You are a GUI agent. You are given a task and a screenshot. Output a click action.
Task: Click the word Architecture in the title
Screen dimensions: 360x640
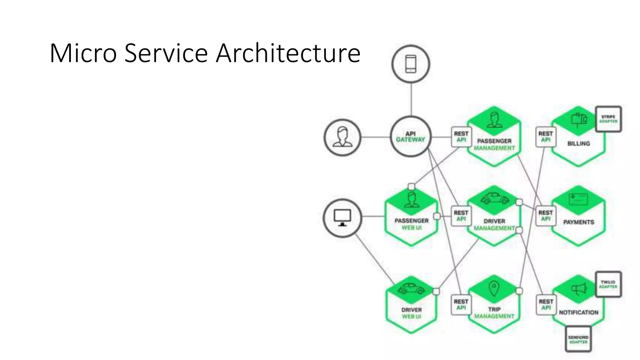[x=288, y=53]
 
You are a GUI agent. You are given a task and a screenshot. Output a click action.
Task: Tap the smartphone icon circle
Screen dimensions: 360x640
[x=411, y=64]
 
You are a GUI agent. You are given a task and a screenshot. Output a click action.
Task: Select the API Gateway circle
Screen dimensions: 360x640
[x=411, y=137]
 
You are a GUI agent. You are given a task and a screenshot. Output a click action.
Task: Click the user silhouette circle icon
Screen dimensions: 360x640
[x=342, y=137]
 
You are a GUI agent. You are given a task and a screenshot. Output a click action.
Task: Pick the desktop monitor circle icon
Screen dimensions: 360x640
[x=342, y=218]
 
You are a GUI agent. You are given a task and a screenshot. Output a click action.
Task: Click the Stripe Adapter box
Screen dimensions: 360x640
[x=608, y=119]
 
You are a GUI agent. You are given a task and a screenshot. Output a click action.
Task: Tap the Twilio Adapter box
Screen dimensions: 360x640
[x=608, y=284]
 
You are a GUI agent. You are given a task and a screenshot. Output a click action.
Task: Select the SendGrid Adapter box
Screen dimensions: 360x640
[x=578, y=339]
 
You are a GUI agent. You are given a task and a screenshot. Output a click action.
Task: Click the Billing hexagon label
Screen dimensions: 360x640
[x=578, y=143]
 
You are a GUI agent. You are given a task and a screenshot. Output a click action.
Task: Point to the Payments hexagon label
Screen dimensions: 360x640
[x=578, y=222]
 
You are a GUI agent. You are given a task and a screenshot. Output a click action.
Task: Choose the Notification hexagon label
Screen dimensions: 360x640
[x=578, y=312]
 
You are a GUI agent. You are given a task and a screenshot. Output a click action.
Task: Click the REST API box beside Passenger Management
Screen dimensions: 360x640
[x=461, y=137]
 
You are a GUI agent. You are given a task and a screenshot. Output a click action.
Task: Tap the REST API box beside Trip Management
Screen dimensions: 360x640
[x=461, y=304]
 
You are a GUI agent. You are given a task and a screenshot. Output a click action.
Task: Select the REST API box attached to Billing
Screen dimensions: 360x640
[x=546, y=137]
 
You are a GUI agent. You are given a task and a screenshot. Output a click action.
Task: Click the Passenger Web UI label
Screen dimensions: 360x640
[x=412, y=224]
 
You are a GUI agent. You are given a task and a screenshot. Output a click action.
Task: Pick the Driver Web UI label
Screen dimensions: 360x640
[x=412, y=313]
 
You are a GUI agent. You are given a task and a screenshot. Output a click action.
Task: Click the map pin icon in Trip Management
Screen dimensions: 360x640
[x=493, y=288]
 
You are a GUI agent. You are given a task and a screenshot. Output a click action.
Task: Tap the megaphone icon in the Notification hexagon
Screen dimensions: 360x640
[x=579, y=289]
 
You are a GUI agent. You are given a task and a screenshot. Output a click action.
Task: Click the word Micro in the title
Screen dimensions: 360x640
[x=83, y=53]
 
